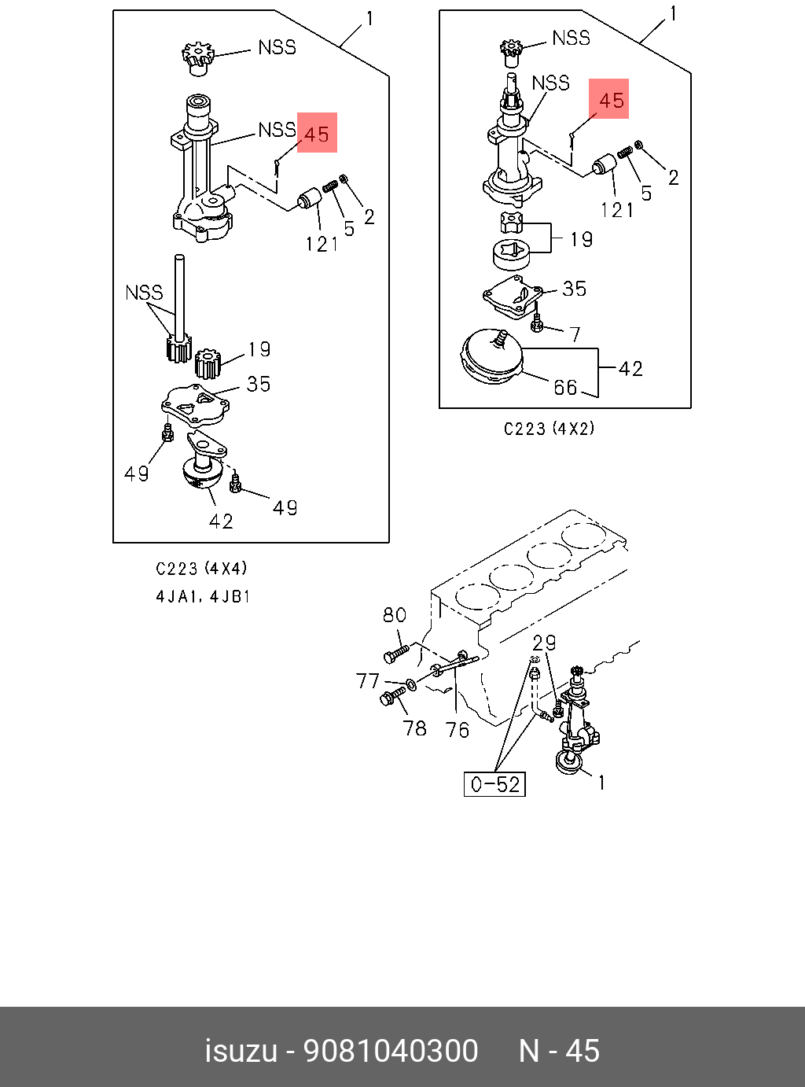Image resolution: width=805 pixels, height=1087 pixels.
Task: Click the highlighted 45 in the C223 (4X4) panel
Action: (317, 133)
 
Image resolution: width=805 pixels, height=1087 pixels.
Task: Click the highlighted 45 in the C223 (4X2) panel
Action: (610, 99)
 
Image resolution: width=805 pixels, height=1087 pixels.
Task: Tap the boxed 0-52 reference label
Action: (494, 784)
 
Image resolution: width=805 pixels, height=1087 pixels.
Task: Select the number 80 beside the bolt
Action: (394, 615)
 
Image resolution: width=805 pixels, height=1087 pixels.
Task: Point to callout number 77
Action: (367, 681)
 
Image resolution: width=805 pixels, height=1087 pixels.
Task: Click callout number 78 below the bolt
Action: (415, 728)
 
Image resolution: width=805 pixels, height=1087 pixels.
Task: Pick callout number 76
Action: (457, 730)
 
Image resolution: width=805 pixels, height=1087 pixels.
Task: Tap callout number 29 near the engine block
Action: (544, 643)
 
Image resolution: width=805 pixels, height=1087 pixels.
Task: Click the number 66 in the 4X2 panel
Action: (565, 387)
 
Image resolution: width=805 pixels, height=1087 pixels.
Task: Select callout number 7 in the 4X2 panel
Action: (575, 334)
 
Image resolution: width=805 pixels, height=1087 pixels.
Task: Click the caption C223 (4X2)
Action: (549, 429)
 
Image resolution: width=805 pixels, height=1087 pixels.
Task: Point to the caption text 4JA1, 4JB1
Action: (203, 596)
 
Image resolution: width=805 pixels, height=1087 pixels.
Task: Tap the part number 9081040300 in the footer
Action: (391, 1051)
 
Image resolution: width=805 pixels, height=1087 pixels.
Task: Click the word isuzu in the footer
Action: (241, 1051)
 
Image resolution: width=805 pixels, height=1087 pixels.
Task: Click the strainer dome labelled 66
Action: (493, 359)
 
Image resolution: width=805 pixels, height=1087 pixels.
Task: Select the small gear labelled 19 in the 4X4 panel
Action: (208, 363)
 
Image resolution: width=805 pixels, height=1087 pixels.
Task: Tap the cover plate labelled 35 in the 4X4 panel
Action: (195, 403)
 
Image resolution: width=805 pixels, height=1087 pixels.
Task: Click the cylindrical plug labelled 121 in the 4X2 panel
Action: (605, 166)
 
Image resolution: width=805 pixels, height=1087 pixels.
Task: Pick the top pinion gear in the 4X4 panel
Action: (197, 58)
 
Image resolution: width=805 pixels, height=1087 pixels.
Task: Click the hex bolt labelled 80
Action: (395, 653)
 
